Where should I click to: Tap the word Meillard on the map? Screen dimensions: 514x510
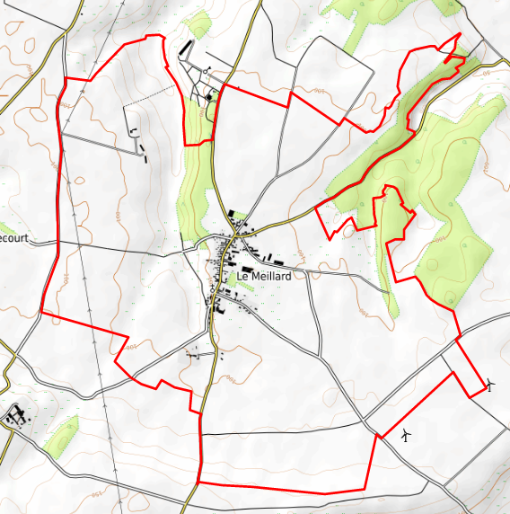(271, 277)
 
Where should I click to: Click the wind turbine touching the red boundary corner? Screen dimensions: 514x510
(490, 386)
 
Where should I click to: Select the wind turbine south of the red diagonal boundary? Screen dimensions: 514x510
(406, 436)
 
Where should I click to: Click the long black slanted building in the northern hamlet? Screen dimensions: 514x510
(187, 47)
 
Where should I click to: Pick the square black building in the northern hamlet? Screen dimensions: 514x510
(208, 96)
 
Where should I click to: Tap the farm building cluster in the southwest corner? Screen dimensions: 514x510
(16, 416)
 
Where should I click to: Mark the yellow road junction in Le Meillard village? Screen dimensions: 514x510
(236, 235)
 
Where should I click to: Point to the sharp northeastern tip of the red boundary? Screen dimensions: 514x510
(461, 34)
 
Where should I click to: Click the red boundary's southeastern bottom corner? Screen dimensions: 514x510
(365, 490)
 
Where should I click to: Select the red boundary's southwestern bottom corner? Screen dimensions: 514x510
(198, 483)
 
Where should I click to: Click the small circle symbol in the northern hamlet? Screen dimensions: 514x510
(207, 68)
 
